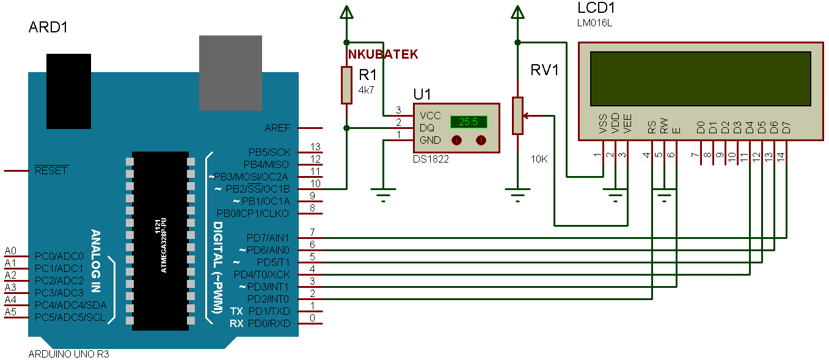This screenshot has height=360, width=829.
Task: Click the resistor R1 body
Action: click(347, 86)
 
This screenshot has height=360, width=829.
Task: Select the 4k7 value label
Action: click(366, 89)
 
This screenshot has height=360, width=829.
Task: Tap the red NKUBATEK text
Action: click(383, 54)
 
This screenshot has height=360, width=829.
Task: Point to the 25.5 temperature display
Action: click(469, 122)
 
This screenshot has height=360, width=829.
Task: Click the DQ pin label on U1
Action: click(427, 128)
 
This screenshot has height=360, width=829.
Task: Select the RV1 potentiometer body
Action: click(517, 116)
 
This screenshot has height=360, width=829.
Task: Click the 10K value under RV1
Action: click(539, 159)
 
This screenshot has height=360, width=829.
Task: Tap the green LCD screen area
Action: click(700, 78)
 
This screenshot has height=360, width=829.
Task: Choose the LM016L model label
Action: click(594, 23)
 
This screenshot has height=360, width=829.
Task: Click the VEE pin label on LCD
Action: click(627, 125)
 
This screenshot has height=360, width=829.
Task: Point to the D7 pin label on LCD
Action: click(786, 128)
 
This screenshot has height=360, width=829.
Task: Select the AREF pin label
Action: click(277, 128)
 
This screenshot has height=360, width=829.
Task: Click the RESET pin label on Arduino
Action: click(51, 171)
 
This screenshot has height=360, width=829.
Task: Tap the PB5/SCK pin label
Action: click(269, 152)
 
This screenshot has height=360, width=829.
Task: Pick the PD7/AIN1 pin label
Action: click(268, 238)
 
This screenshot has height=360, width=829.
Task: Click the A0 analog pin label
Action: click(10, 251)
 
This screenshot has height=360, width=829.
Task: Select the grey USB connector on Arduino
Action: click(230, 73)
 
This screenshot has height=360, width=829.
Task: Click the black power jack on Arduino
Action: click(68, 91)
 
